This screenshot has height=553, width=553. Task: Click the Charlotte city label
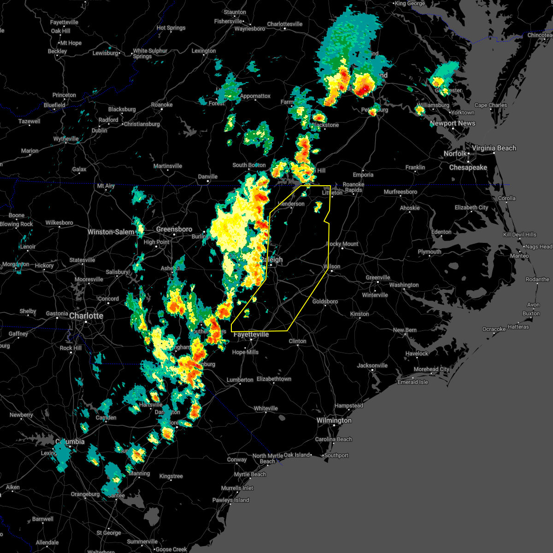coord(86,316)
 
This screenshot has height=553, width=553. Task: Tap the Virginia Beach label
coord(494,148)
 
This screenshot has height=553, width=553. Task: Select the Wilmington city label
coord(334,420)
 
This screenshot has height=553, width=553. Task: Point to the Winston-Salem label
coord(111,232)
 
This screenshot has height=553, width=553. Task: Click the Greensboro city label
coord(174,229)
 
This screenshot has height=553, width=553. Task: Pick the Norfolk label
coord(455,153)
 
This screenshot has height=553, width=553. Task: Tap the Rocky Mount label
coord(342,244)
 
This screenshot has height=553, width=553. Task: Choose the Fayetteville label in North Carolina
coord(251,334)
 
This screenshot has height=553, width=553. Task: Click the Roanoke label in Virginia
coord(162,105)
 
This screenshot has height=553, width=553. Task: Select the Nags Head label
coord(539,247)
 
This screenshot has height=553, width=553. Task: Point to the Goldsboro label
coord(325,301)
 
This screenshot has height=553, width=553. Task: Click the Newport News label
coord(453,123)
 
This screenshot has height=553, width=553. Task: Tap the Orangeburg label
coord(85,494)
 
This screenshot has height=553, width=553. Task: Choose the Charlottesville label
coord(285,24)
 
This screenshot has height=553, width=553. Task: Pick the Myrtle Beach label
coord(250,474)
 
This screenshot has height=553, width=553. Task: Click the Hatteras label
coord(518,327)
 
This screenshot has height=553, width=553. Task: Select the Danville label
coord(208,176)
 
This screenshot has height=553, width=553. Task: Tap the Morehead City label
coord(431,369)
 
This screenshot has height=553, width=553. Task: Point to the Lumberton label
coord(240,380)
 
